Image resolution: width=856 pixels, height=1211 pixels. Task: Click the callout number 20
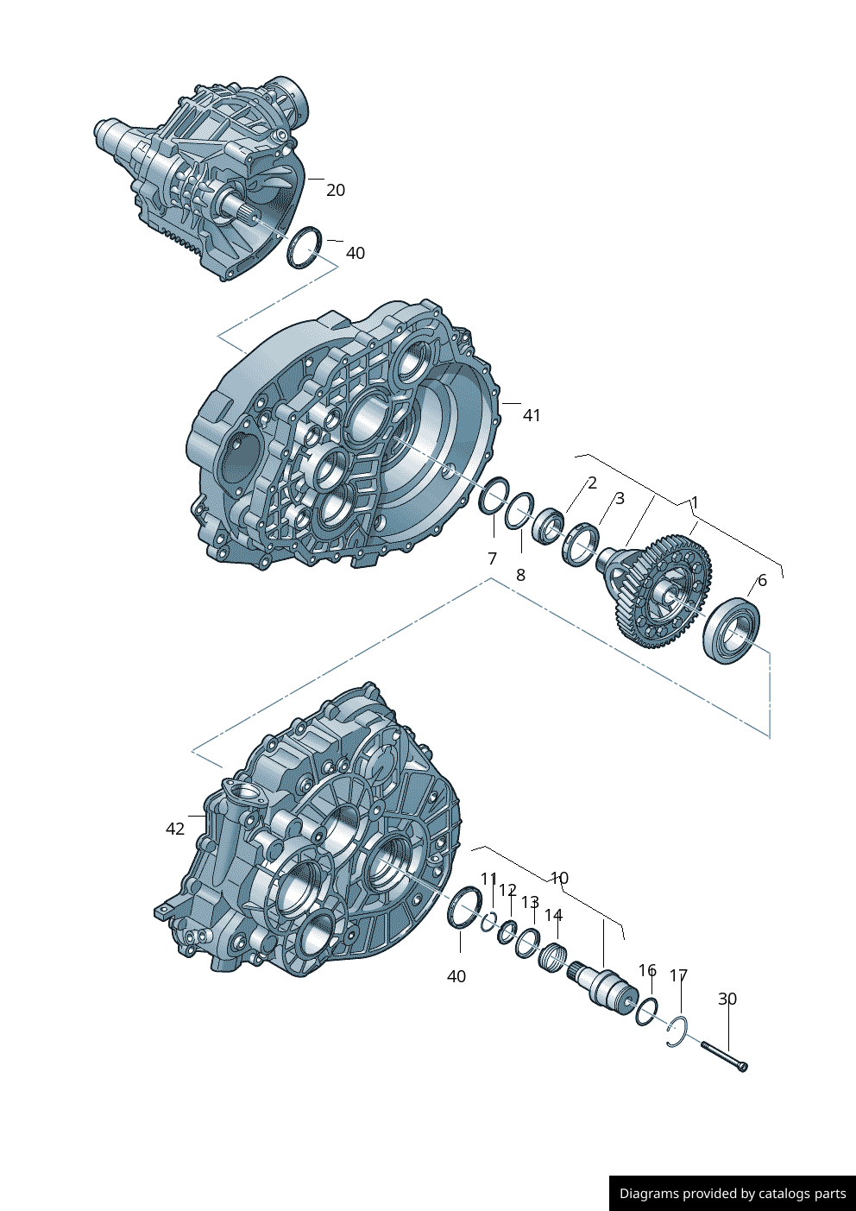tap(336, 190)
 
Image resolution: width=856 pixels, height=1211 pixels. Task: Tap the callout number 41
tap(532, 415)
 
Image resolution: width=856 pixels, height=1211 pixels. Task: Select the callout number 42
tap(175, 829)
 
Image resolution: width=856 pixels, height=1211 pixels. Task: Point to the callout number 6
tap(762, 581)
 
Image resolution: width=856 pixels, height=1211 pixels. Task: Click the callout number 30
tap(727, 999)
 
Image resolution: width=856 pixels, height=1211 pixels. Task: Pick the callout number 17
tap(679, 976)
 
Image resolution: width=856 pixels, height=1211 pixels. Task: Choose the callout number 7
tap(493, 558)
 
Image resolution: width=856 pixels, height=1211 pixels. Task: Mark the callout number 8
tap(520, 575)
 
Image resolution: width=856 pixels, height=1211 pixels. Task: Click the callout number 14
tap(553, 915)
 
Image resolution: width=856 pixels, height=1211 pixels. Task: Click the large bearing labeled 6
tap(733, 630)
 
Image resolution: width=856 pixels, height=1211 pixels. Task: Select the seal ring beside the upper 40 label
tap(305, 247)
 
